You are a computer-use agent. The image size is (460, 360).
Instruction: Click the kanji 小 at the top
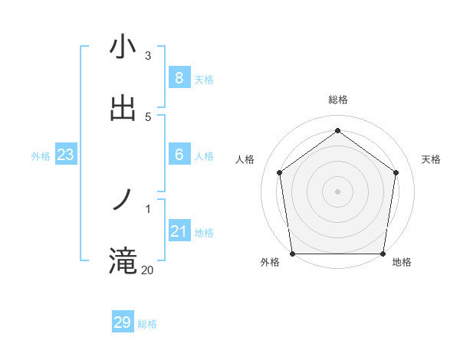point(123,47)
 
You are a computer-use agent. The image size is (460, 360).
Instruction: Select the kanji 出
point(123,108)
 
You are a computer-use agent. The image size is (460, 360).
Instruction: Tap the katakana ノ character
point(123,200)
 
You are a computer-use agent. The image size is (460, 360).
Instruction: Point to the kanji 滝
point(123,261)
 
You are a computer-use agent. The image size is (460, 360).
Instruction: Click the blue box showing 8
point(179,78)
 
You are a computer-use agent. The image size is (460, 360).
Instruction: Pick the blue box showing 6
point(179,155)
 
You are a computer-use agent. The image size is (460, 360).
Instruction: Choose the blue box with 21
point(179,231)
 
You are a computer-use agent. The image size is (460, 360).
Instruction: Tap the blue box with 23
point(65,155)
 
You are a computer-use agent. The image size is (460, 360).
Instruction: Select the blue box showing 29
point(123,322)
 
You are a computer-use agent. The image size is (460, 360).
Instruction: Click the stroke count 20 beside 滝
point(147,270)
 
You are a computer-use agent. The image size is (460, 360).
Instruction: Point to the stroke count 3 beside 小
point(148,55)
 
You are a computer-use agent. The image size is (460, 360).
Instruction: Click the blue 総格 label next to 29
point(147,324)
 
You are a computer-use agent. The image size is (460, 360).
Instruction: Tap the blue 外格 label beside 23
point(41,156)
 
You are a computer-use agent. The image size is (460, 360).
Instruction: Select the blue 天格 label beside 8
point(204,80)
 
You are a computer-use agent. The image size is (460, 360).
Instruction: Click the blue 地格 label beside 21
point(204,233)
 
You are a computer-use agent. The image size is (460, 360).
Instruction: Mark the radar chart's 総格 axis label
point(337,100)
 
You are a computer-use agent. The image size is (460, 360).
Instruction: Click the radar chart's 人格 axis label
point(245,159)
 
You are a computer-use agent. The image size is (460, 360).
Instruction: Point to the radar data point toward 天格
point(396,172)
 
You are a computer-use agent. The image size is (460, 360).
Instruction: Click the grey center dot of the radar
point(337,191)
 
